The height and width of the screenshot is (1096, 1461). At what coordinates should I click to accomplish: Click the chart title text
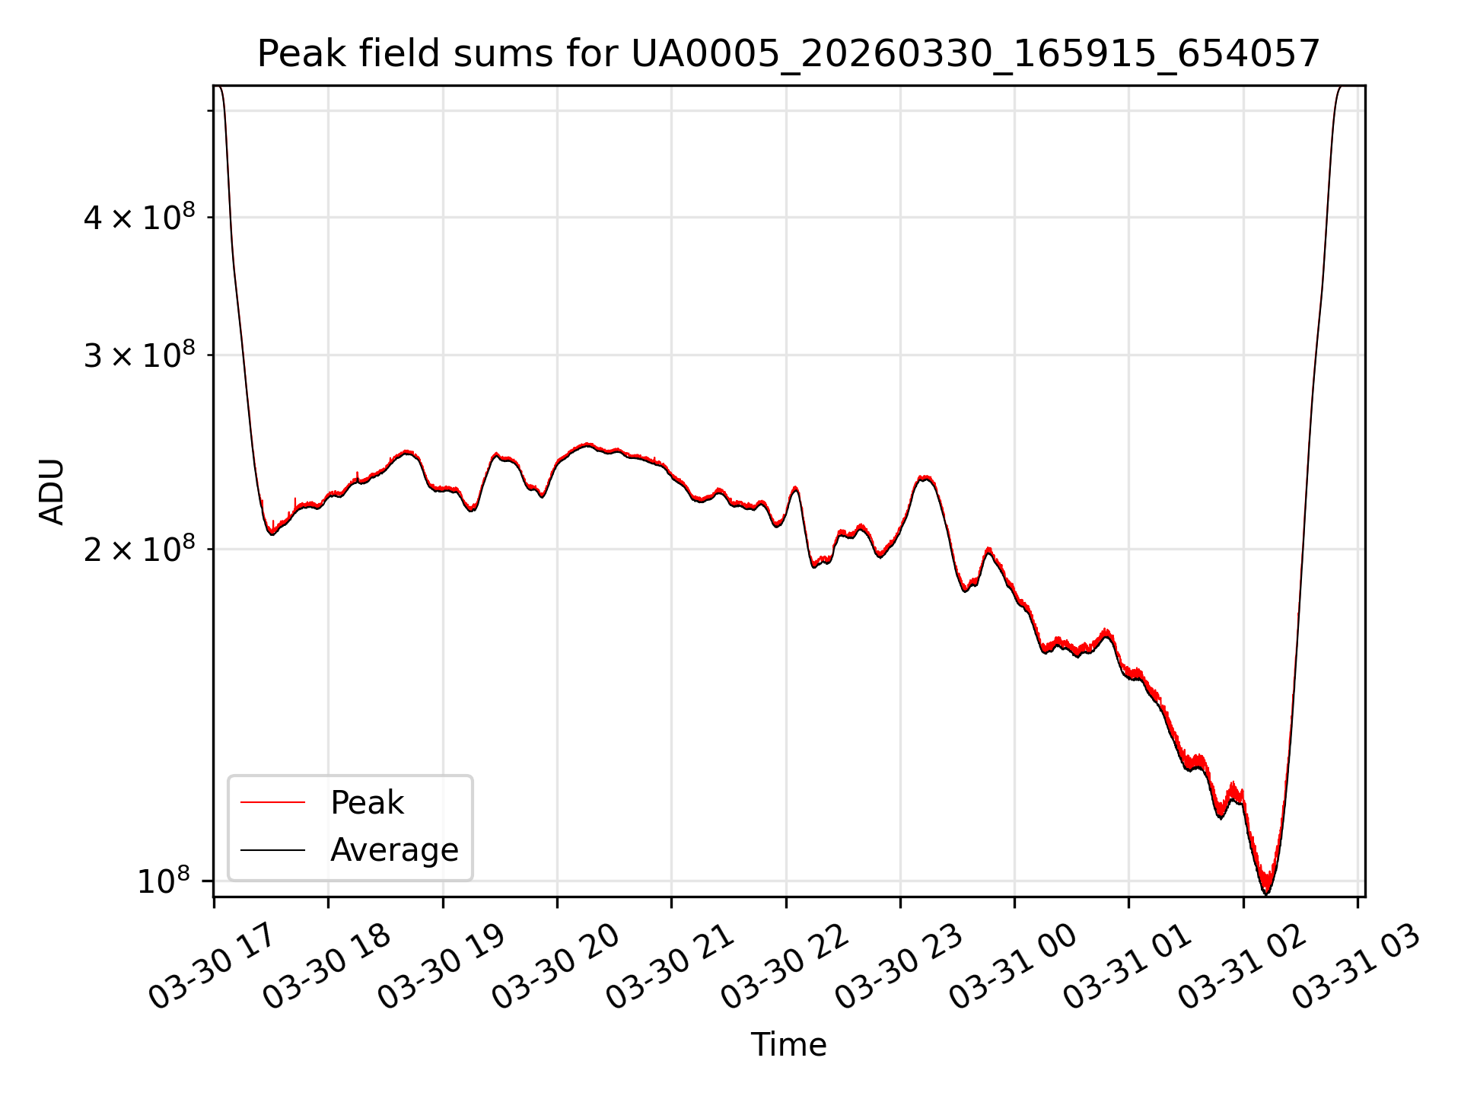[788, 54]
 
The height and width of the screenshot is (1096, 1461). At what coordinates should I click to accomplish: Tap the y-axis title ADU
[52, 491]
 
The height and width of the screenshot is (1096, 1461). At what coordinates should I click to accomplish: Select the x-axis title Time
[788, 1044]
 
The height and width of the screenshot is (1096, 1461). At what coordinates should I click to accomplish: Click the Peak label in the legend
[367, 803]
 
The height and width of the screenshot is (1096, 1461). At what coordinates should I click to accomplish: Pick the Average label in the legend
[394, 850]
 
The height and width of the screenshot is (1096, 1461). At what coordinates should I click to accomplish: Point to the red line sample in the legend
[272, 802]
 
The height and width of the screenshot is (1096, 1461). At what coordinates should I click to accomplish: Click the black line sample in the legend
[272, 850]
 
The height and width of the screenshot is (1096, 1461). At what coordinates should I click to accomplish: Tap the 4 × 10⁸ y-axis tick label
[138, 217]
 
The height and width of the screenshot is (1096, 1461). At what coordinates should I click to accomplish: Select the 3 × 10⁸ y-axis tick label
[138, 355]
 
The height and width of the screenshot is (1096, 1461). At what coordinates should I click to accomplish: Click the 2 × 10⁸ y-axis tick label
[138, 549]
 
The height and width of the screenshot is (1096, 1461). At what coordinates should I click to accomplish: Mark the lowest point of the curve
[1267, 893]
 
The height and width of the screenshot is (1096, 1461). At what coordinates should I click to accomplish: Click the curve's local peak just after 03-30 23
[925, 477]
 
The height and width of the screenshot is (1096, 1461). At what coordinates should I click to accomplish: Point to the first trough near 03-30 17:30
[272, 534]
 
